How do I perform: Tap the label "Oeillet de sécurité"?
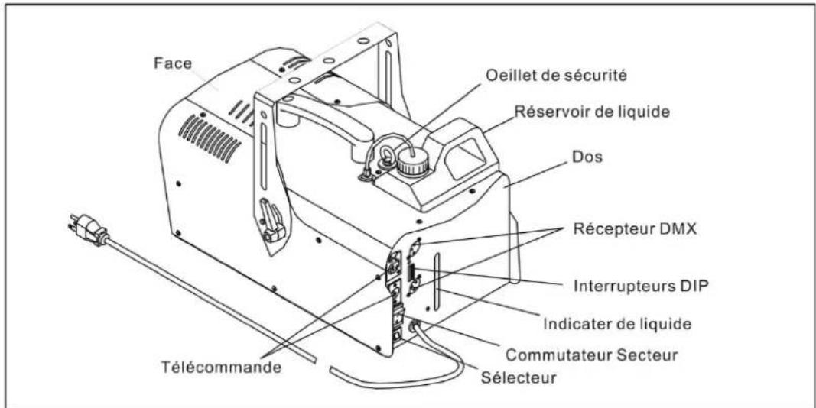click(x=556, y=76)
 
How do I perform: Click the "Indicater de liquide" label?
click(x=616, y=324)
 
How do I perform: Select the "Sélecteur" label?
click(x=518, y=377)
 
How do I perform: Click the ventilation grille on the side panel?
click(x=212, y=138)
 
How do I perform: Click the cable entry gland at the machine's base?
click(x=415, y=327)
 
